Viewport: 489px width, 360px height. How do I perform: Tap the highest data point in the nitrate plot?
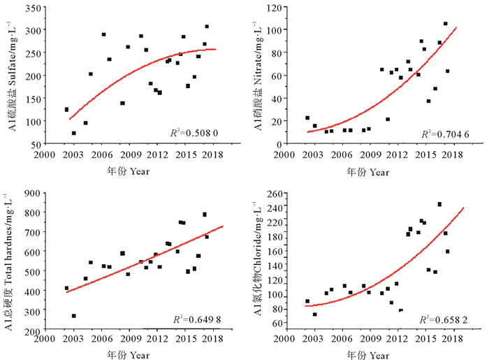[x=445, y=24]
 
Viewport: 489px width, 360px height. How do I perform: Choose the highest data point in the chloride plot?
[x=439, y=204]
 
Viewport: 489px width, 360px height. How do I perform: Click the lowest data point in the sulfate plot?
[x=73, y=133]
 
